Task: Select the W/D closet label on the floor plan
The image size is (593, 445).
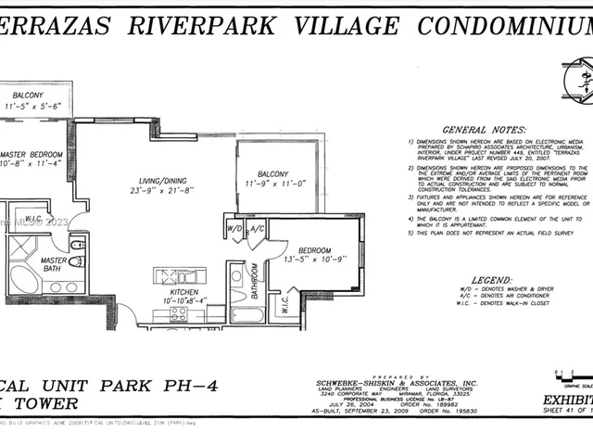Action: (235, 228)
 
